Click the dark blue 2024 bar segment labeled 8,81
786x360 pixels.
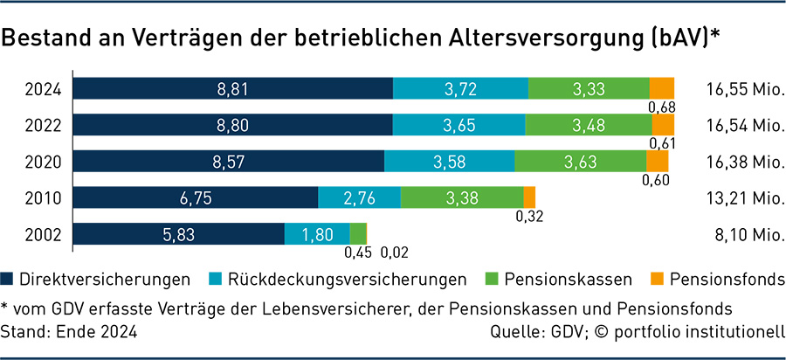[232, 88]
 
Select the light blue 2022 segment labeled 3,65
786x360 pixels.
[458, 125]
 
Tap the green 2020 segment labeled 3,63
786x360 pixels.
[580, 162]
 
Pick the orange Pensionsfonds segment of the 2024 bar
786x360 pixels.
[662, 88]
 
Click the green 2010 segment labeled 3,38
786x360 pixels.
[461, 197]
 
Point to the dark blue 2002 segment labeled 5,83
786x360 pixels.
[178, 234]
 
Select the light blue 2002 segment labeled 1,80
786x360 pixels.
[317, 234]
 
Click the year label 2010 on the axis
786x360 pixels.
[42, 198]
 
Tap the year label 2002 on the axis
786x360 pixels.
[42, 235]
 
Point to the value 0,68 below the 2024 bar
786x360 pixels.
[661, 107]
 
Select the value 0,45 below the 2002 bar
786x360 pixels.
[355, 253]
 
